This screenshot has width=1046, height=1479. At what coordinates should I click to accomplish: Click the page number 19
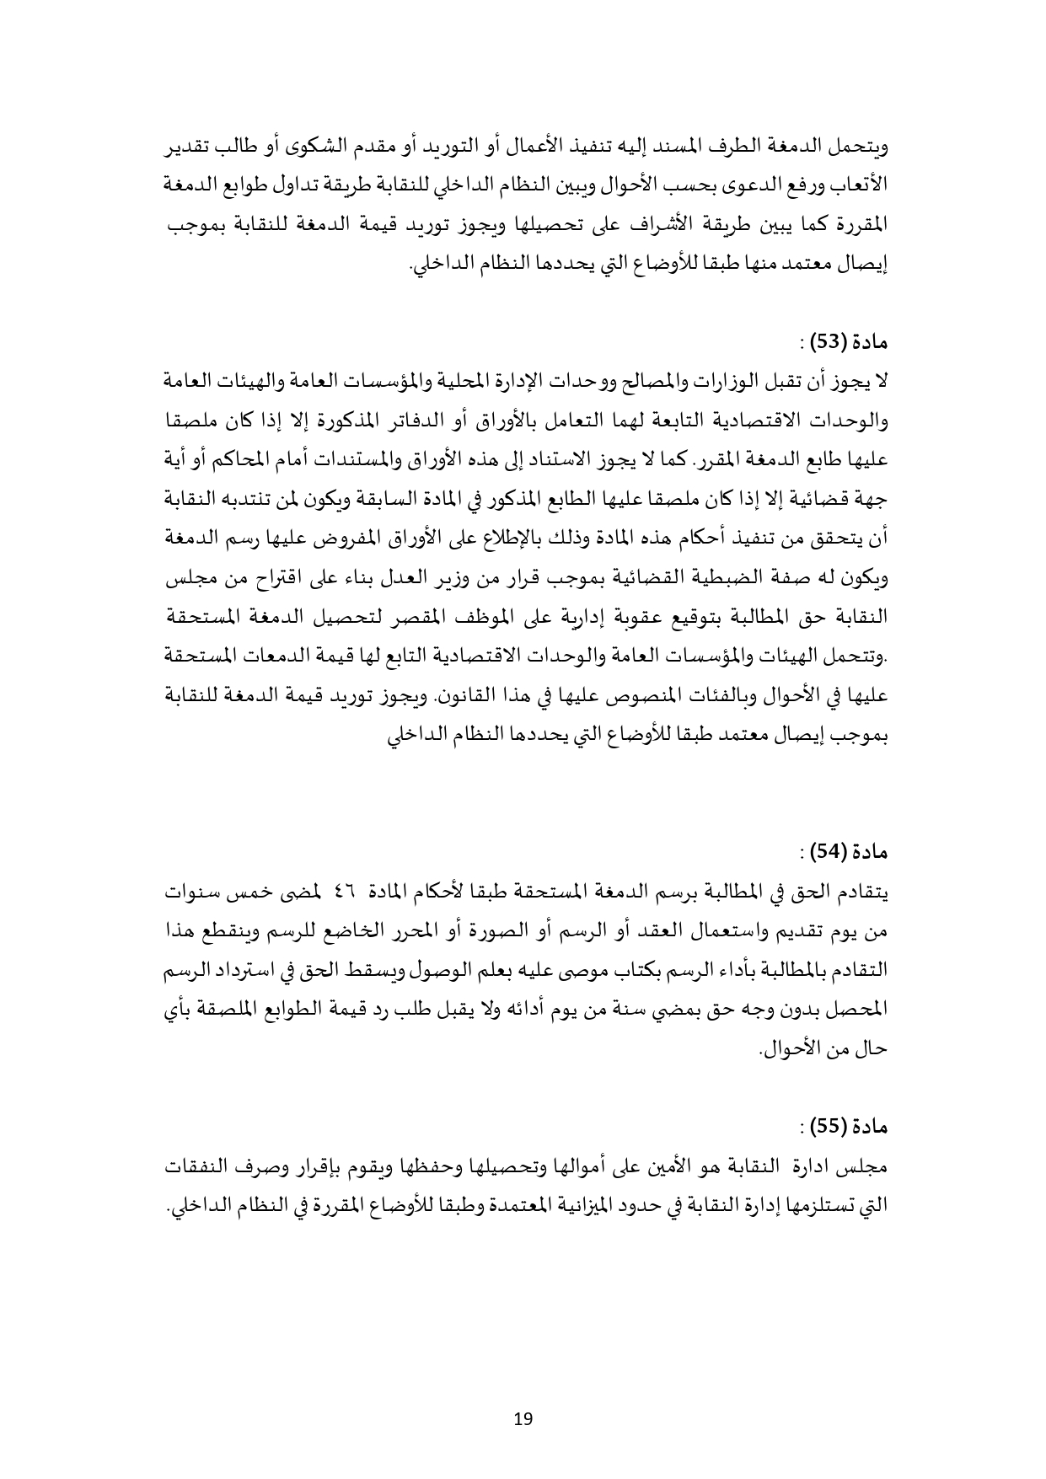coord(523,1418)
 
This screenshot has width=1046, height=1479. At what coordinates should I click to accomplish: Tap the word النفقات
coord(200,1166)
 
